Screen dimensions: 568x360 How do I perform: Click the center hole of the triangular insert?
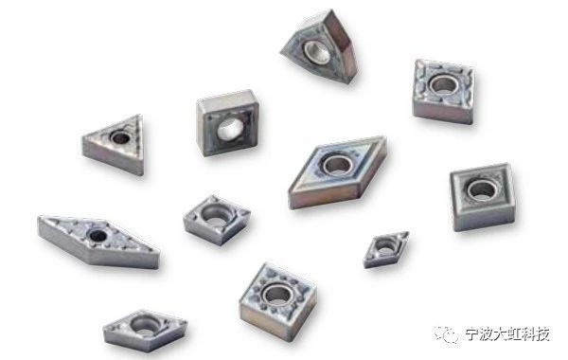pos(120,137)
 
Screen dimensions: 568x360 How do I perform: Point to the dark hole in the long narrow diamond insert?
pos(98,236)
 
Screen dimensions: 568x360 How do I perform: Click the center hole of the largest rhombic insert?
pos(338,165)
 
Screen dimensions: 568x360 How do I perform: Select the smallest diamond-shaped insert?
pos(386,249)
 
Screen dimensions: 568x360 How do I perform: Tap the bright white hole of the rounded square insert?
pos(230,129)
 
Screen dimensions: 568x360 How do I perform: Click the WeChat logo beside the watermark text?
pos(446,333)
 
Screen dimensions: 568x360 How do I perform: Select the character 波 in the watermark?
pos(487,333)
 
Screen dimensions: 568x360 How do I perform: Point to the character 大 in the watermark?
pos(500,333)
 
